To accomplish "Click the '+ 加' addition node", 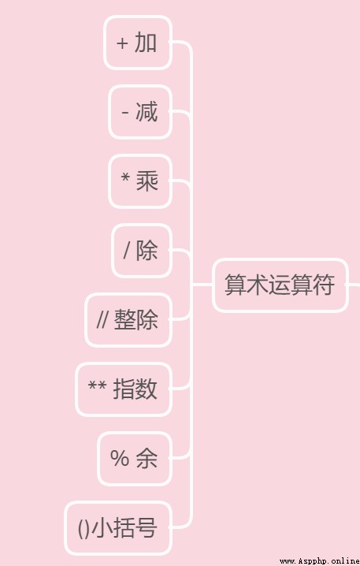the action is [x=137, y=43].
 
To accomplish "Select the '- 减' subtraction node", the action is [x=140, y=112].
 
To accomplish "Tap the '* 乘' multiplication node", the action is [x=140, y=181].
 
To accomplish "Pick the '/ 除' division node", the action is [x=142, y=251].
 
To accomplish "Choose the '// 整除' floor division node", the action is [x=128, y=320].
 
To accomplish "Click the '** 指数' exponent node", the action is [x=124, y=389].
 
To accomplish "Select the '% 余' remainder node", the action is [x=134, y=459].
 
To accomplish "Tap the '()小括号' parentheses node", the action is [x=118, y=527].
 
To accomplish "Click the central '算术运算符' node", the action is [x=280, y=285].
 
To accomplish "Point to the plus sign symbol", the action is [x=122, y=43].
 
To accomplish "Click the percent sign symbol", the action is [x=120, y=459].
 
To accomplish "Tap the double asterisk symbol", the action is [x=97, y=386].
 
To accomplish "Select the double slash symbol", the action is [x=102, y=319].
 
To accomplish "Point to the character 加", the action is [x=146, y=43].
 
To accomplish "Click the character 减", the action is [x=147, y=111].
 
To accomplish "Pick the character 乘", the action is [x=147, y=181].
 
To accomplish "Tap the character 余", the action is [x=147, y=459].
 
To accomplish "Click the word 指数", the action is [x=135, y=389].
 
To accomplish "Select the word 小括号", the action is [x=124, y=527].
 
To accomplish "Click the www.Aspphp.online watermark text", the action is [x=320, y=561].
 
